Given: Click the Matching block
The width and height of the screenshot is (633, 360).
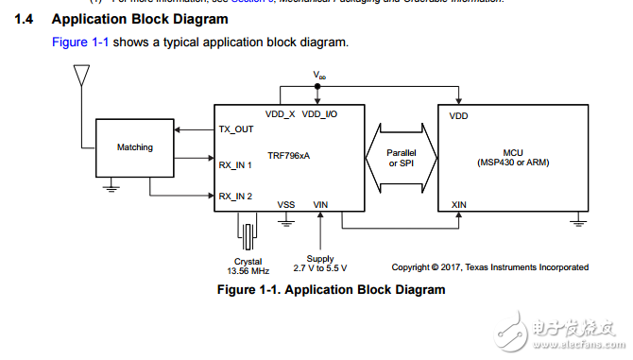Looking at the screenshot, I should pyautogui.click(x=134, y=147).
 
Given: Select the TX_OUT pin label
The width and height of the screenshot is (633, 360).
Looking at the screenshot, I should pyautogui.click(x=236, y=129).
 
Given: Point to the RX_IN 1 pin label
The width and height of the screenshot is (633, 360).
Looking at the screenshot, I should pyautogui.click(x=236, y=164).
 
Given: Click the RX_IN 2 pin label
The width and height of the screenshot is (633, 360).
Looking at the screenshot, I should pyautogui.click(x=236, y=196).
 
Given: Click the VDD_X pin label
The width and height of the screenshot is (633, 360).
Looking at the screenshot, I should pyautogui.click(x=281, y=114).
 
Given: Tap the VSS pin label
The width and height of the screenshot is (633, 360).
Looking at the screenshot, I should pyautogui.click(x=285, y=203).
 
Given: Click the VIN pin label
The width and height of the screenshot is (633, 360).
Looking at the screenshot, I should pyautogui.click(x=321, y=203).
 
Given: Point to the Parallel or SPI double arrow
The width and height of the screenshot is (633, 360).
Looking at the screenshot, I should pyautogui.click(x=402, y=158).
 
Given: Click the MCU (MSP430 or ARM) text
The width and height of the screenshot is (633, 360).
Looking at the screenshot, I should pyautogui.click(x=513, y=157).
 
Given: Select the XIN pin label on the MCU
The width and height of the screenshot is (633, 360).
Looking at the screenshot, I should pyautogui.click(x=459, y=203).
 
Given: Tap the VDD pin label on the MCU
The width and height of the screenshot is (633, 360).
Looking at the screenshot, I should pyautogui.click(x=458, y=116).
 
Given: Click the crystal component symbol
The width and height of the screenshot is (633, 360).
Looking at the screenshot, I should pyautogui.click(x=248, y=233).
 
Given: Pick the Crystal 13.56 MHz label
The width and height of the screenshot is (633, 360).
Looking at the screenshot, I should pyautogui.click(x=248, y=266).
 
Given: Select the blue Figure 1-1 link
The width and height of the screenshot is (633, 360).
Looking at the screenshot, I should pyautogui.click(x=79, y=43).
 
